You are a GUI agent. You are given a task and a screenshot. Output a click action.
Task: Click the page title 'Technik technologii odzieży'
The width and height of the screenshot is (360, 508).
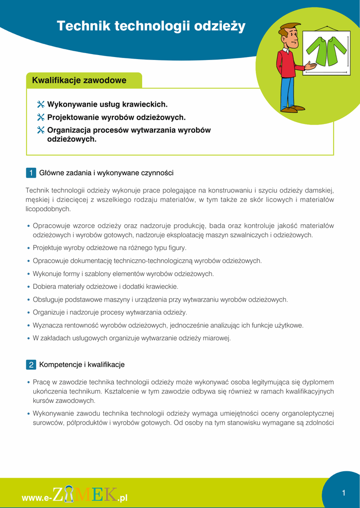151,26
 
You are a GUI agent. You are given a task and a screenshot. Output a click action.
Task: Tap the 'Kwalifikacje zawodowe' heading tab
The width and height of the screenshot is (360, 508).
79,80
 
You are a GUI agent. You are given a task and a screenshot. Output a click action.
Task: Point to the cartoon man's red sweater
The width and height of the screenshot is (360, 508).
287,63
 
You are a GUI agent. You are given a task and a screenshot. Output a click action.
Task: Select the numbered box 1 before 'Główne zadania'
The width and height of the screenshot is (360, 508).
30,173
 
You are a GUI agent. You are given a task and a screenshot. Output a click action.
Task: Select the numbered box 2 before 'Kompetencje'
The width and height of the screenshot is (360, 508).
30,365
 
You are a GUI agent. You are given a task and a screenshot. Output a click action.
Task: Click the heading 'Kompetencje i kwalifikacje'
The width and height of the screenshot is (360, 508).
82,365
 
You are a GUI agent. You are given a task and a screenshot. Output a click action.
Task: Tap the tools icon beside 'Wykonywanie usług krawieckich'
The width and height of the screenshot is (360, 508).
41,105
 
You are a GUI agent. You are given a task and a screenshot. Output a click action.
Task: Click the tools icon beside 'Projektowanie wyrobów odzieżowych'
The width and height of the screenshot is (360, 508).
41,118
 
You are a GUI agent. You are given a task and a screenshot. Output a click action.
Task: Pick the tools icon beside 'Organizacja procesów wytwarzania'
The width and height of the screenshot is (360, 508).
41,130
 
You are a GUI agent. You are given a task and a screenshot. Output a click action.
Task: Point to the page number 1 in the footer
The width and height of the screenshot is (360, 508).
343,493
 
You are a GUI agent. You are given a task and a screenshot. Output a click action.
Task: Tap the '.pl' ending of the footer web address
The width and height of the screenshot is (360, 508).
123,498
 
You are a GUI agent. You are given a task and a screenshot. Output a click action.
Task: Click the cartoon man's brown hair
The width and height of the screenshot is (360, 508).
289,27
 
